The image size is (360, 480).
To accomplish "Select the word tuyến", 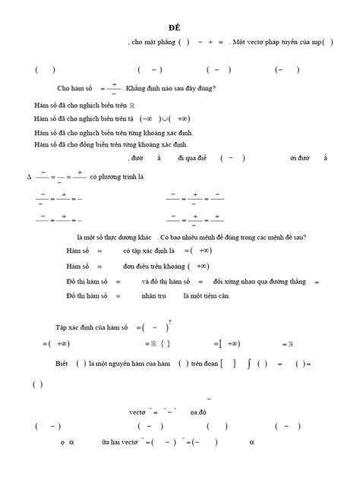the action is (x=285, y=43).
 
